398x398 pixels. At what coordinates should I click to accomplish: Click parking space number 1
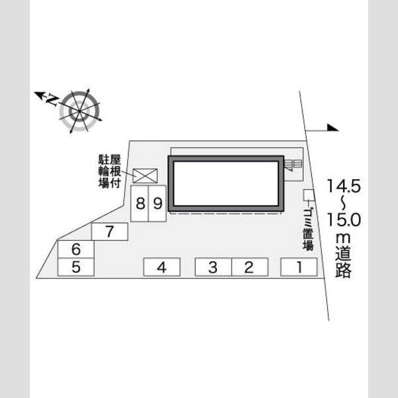[298, 267]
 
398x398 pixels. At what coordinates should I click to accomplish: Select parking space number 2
[250, 267]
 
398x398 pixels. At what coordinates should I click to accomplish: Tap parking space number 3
[213, 267]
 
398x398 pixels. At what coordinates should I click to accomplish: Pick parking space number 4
[162, 267]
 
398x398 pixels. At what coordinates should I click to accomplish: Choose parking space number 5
[76, 267]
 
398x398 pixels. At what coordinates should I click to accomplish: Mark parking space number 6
[76, 249]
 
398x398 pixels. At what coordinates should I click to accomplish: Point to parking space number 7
[109, 232]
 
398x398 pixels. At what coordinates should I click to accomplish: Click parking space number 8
[139, 204]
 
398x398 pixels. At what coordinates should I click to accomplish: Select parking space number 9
[157, 204]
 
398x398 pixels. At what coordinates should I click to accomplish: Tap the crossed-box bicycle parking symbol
[145, 175]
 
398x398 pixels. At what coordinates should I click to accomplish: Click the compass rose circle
[79, 111]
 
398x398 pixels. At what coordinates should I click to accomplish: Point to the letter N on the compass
[53, 99]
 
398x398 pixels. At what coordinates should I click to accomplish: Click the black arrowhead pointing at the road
[332, 127]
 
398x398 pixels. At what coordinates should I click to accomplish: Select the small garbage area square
[309, 195]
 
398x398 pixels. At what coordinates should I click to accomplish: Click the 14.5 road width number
[344, 186]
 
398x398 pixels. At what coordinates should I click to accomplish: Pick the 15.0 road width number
[344, 220]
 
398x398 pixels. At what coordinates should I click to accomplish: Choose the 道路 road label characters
[344, 261]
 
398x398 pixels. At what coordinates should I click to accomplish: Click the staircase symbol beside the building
[293, 165]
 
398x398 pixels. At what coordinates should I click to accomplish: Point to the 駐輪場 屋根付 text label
[109, 171]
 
